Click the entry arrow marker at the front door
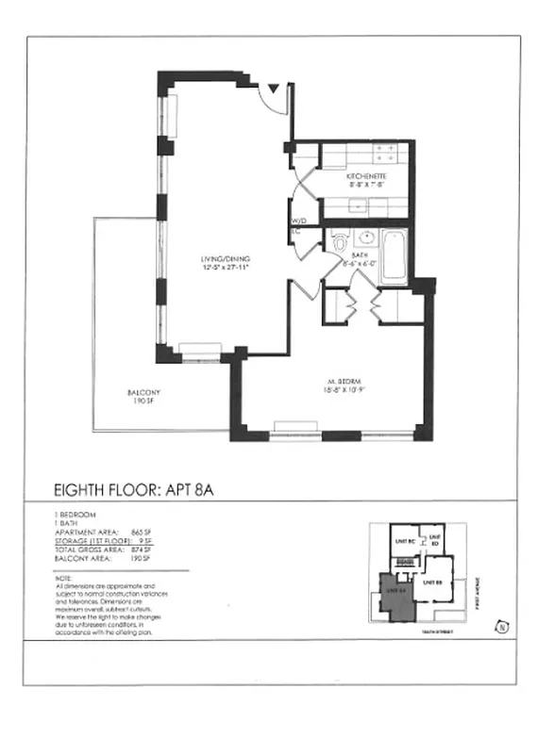(274, 89)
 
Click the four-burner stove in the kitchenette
(386, 152)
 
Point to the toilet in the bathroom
(341, 243)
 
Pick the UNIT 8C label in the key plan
(405, 541)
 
